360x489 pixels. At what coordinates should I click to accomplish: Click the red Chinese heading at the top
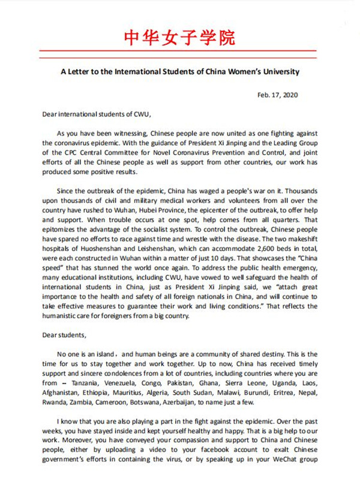point(180,37)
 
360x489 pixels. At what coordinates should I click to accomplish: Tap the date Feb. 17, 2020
point(277,94)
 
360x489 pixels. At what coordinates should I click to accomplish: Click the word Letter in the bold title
point(86,72)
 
